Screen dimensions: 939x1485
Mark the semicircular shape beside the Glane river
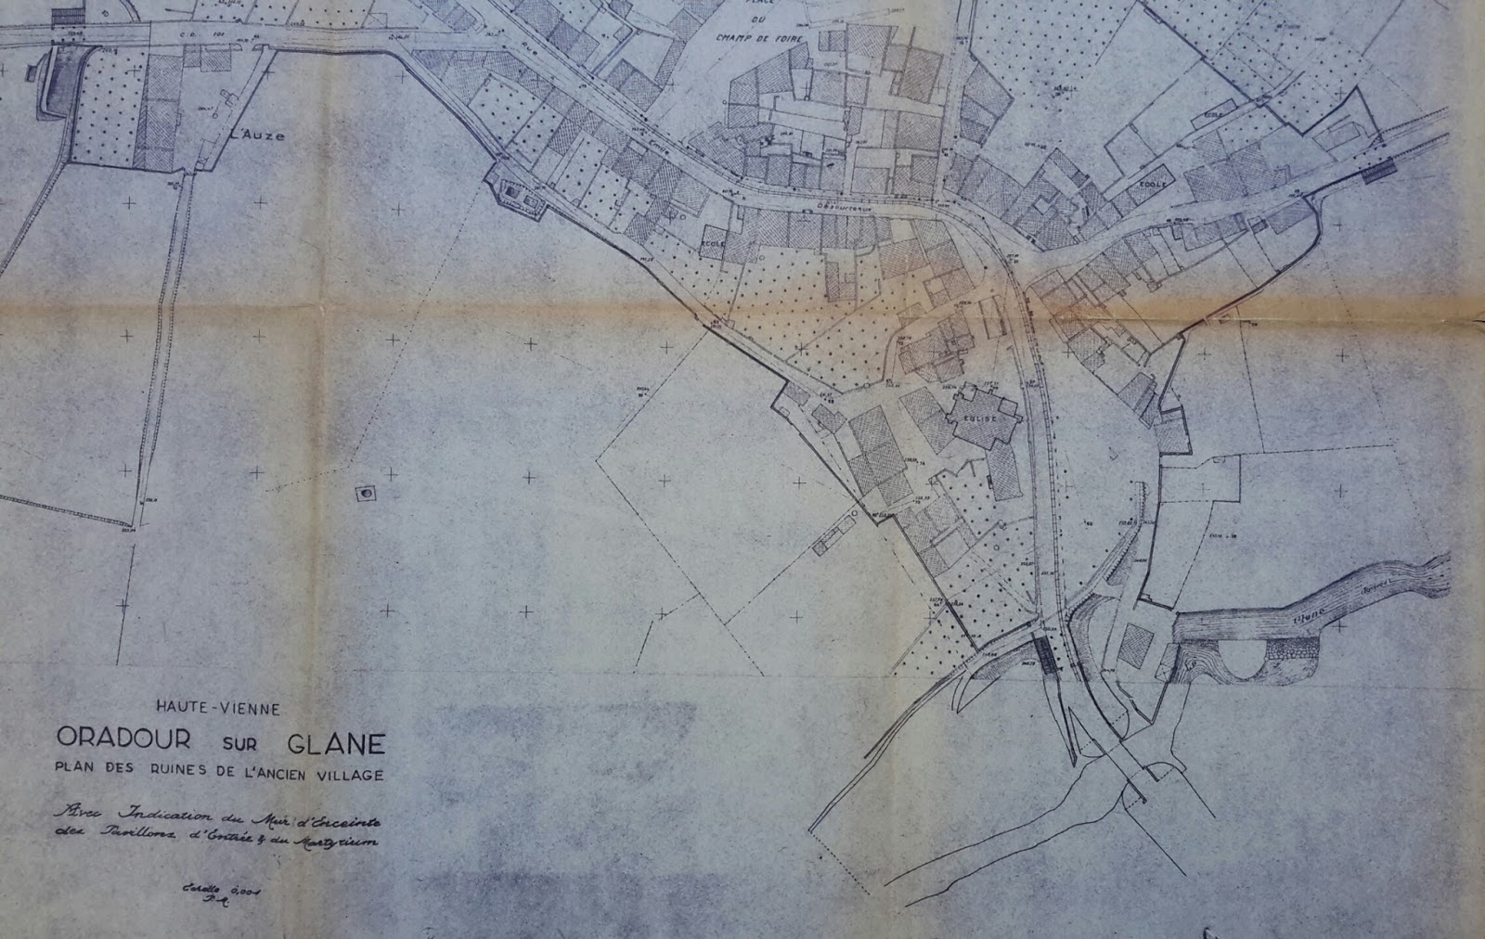(x=1238, y=660)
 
